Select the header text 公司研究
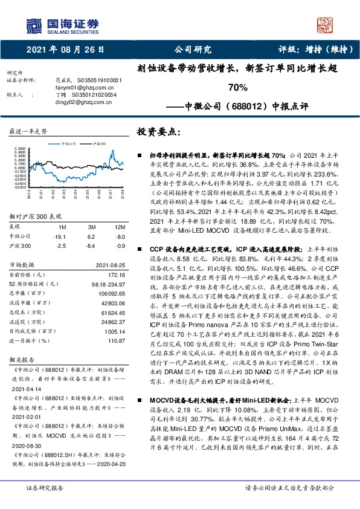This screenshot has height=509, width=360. pos(192,50)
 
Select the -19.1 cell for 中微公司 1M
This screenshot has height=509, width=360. pos(59,236)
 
